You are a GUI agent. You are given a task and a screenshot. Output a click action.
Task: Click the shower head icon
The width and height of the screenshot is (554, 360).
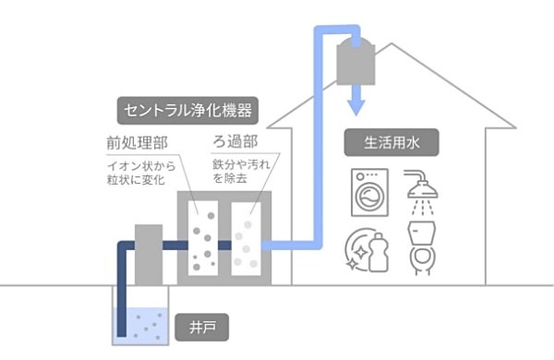pos(423,190)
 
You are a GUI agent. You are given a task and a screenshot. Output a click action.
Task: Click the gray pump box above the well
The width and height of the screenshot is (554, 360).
pos(150,254)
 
